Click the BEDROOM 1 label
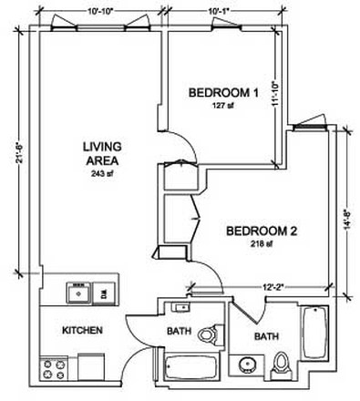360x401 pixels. point(224,92)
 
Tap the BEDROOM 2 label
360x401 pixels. point(262,231)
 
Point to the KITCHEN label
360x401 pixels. point(81,330)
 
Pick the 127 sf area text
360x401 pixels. point(224,105)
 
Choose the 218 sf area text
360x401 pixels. point(262,245)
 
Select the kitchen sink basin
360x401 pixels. point(77,293)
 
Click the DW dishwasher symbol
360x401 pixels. point(105,293)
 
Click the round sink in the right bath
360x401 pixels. point(247,367)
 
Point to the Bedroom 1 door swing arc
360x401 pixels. point(185,143)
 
